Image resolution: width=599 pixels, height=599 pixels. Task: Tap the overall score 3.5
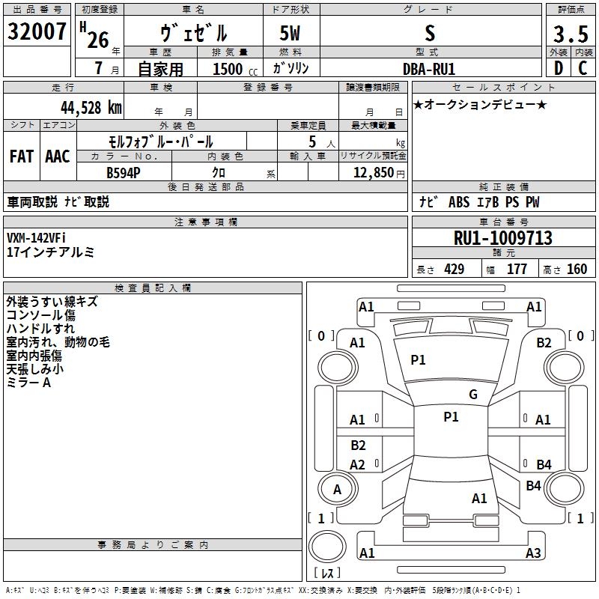click(x=569, y=34)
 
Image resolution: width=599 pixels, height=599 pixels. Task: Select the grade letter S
click(x=429, y=34)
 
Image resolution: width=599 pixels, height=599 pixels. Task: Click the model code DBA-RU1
click(x=429, y=68)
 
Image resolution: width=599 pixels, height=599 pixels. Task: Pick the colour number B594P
click(x=123, y=172)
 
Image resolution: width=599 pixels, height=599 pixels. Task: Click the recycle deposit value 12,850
click(x=368, y=172)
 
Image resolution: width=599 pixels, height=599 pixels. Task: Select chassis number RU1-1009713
click(x=503, y=238)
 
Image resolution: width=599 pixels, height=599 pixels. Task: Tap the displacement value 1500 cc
click(x=232, y=69)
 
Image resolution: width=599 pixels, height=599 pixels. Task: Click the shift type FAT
click(x=21, y=156)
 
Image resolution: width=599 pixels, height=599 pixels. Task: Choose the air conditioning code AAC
click(x=57, y=156)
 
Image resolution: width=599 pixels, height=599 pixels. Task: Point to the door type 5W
click(x=291, y=34)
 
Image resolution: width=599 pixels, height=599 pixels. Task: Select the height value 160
click(x=577, y=270)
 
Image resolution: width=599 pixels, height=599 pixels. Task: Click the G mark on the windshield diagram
click(x=473, y=395)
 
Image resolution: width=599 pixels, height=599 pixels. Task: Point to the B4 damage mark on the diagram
click(x=544, y=465)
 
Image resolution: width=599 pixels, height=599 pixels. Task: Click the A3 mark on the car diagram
click(x=533, y=553)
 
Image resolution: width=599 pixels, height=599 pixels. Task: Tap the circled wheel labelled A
click(x=337, y=490)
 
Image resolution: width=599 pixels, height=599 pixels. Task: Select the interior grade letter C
click(x=582, y=68)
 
